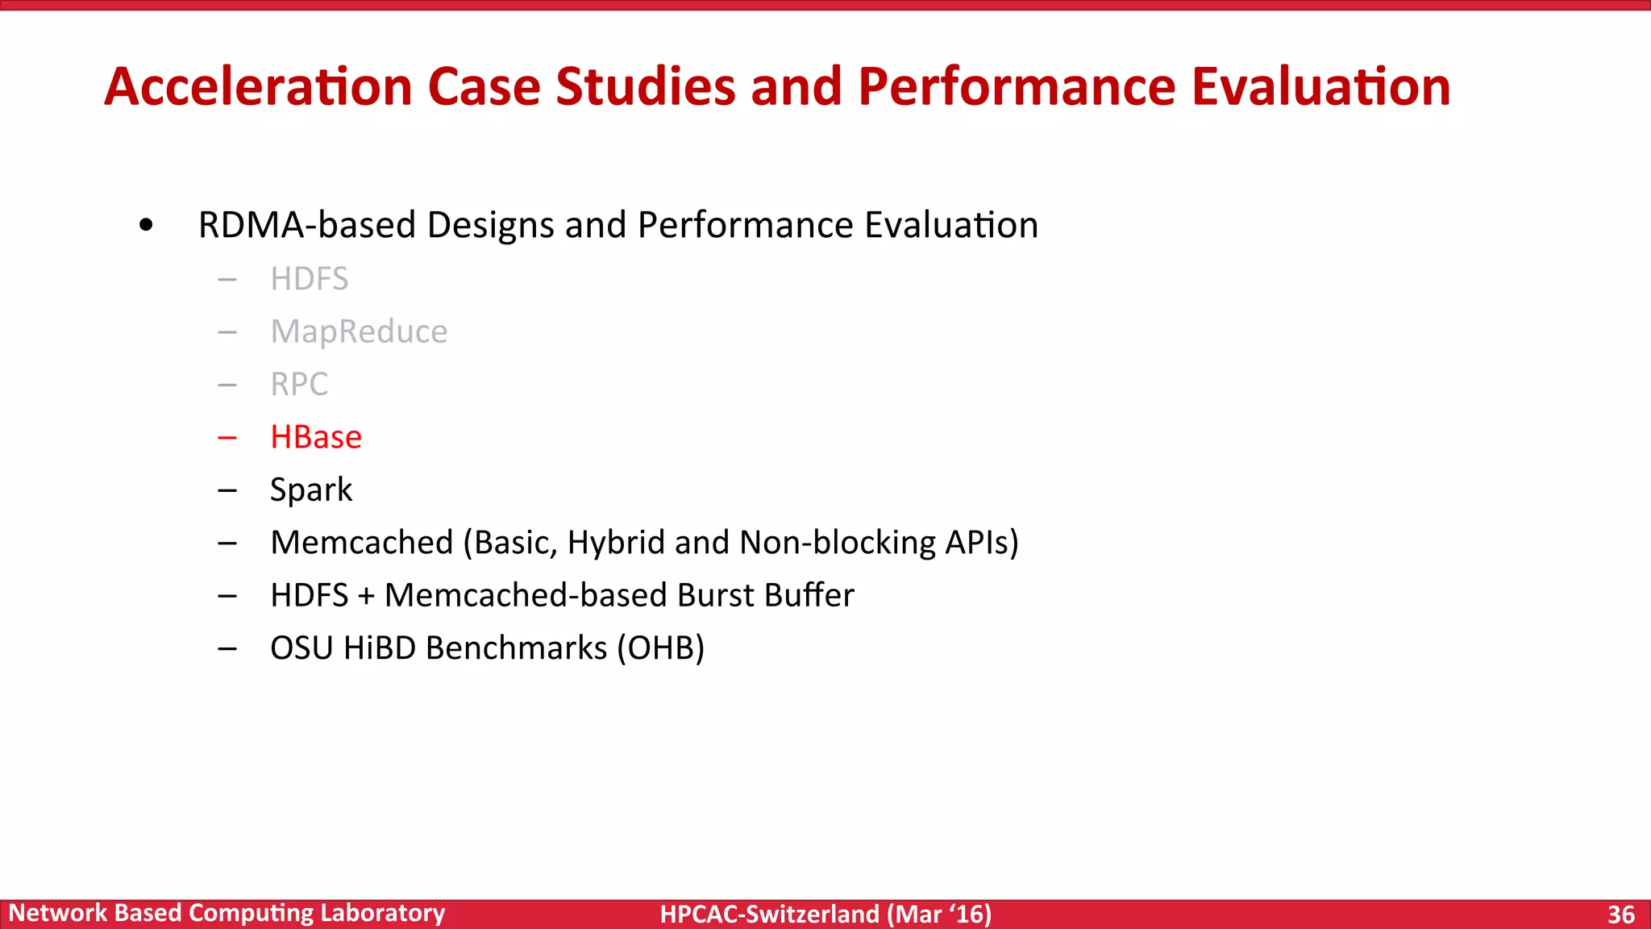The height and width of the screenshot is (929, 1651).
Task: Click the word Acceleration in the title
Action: click(259, 87)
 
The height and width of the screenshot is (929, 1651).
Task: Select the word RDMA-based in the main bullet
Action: click(306, 225)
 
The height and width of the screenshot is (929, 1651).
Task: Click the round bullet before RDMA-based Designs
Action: click(146, 226)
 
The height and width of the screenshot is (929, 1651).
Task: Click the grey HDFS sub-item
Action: click(309, 279)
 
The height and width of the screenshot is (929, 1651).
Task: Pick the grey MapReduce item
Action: click(359, 331)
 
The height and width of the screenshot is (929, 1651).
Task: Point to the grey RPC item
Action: click(299, 384)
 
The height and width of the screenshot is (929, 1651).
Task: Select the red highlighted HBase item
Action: click(316, 437)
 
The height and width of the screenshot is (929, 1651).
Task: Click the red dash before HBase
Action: click(227, 438)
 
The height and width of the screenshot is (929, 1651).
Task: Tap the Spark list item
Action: click(311, 490)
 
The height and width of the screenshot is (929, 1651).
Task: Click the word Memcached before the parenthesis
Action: click(362, 543)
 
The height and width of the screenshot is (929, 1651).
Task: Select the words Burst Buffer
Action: click(765, 595)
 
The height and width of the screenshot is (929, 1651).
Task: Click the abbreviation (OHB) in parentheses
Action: click(660, 648)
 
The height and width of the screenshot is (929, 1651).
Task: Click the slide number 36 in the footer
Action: click(1620, 914)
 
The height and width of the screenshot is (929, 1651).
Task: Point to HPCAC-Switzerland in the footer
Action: click(769, 914)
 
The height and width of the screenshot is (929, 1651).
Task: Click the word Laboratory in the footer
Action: click(382, 913)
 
